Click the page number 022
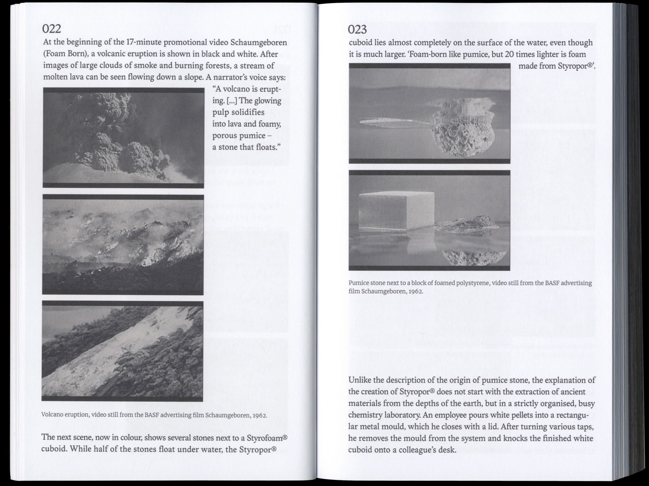(52, 29)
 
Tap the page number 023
(357, 30)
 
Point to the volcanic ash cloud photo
(124, 138)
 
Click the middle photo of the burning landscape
(123, 244)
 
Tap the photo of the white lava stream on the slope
(122, 351)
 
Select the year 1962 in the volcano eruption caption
(260, 415)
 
